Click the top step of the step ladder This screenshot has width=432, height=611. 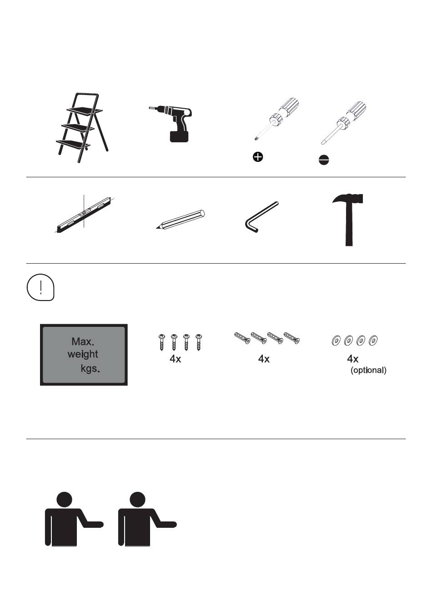tap(85, 110)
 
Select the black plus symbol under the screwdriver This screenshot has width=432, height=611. tap(258, 157)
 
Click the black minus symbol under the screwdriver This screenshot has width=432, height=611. tap(324, 160)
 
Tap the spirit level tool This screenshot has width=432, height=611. tap(84, 215)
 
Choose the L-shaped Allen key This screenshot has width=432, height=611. tap(261, 217)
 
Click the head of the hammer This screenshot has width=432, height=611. tap(348, 198)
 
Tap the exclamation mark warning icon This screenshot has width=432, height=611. tap(40, 287)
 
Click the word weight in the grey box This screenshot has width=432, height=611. tap(83, 354)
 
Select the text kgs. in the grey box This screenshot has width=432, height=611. tap(90, 369)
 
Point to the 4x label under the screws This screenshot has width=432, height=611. tap(175, 359)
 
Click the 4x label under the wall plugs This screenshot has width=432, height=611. tap(264, 359)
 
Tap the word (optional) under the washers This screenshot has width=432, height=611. tap(368, 370)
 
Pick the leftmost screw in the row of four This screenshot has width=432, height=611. tap(161, 342)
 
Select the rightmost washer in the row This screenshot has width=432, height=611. tap(373, 341)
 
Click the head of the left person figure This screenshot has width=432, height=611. tap(64, 500)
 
